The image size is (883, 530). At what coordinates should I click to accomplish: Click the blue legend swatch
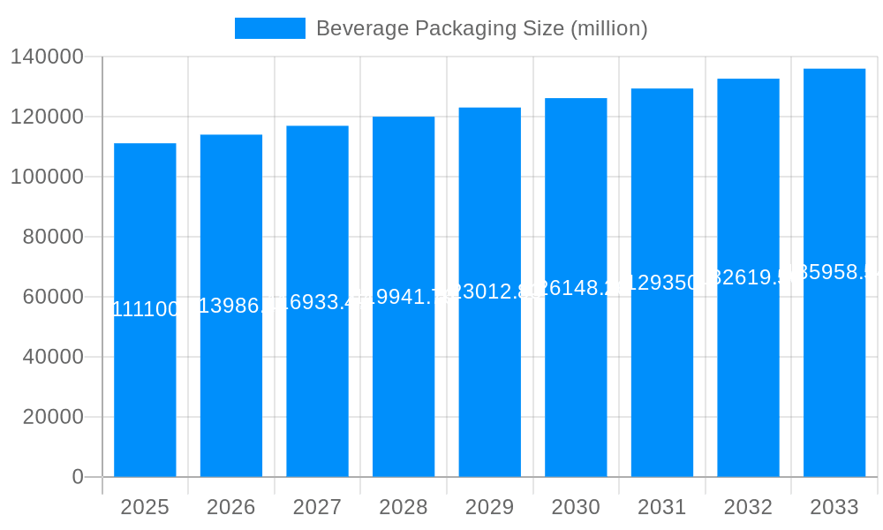coord(269,28)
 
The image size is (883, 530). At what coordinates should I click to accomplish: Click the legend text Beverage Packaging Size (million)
coord(481,28)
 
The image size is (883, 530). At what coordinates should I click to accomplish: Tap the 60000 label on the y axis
coord(53,297)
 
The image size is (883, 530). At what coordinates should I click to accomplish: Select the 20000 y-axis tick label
coord(53,417)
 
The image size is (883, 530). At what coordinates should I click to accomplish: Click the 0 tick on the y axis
coord(78,477)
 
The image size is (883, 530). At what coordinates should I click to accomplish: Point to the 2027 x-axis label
coord(317,507)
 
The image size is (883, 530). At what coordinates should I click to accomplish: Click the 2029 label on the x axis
coord(489,507)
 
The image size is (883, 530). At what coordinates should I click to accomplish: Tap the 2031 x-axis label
coord(662,507)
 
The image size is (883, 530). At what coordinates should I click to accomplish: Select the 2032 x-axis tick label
coord(748,507)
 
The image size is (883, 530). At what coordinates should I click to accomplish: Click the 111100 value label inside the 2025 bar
coord(145,309)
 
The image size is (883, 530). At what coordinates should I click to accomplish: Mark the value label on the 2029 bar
coord(489,291)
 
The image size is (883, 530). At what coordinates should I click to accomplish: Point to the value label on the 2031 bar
coord(662,283)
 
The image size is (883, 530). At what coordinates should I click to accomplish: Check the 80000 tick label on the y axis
coord(53,237)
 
